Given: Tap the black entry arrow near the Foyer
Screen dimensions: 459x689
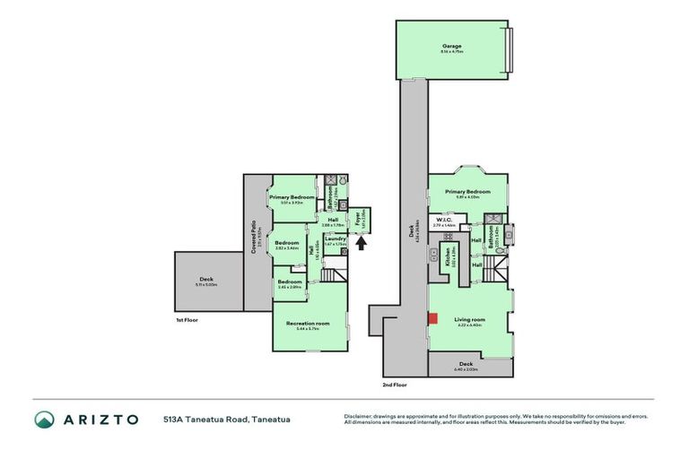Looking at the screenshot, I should [362, 242].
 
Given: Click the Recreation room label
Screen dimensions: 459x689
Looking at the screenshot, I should [308, 323].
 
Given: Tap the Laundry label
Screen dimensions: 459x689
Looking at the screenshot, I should [335, 238].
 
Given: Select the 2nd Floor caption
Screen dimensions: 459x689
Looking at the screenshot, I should [395, 384].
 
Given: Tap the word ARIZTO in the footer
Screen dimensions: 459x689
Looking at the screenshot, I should [100, 420].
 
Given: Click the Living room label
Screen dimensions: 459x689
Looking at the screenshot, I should [469, 319].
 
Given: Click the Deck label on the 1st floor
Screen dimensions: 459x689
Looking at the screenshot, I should [206, 279].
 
